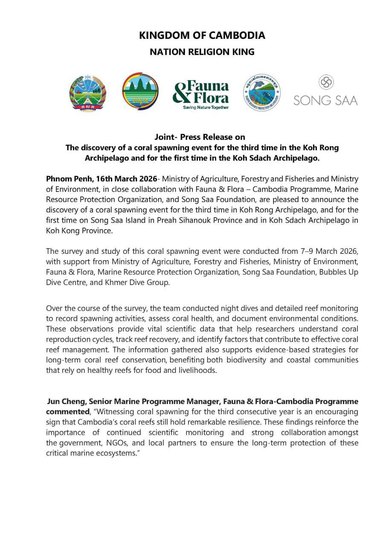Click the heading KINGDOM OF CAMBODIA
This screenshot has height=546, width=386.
(x=202, y=35)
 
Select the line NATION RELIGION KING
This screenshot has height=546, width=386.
(x=202, y=52)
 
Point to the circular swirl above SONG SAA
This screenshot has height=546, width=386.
(x=326, y=82)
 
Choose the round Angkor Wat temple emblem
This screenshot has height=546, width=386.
(x=140, y=91)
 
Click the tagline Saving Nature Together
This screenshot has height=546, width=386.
(x=206, y=107)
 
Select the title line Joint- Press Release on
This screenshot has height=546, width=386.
(x=200, y=137)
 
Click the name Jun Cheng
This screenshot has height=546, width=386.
(x=64, y=402)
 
